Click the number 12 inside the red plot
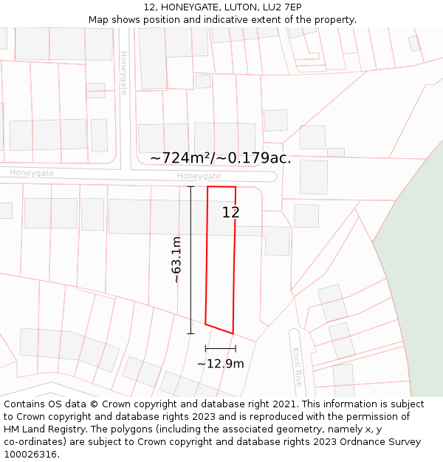tap(230, 213)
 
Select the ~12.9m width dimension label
tap(220, 364)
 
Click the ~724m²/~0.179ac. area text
tap(220, 158)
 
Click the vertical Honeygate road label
tap(123, 72)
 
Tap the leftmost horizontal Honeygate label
tap(32, 172)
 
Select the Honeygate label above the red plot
tap(199, 176)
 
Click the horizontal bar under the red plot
tap(220, 348)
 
